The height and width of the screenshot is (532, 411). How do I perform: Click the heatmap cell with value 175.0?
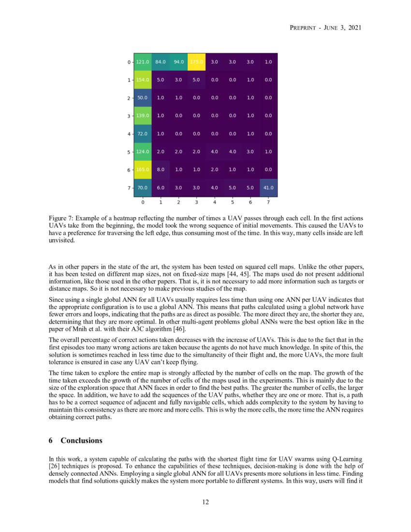tap(196, 62)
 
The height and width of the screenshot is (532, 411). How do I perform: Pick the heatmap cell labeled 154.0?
tap(143, 80)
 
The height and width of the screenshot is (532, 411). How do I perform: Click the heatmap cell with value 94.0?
tap(178, 62)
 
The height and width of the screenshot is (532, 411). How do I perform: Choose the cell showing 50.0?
tap(143, 98)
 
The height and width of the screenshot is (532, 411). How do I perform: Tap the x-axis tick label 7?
tap(268, 203)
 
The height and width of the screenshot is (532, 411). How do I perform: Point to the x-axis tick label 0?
tap(143, 203)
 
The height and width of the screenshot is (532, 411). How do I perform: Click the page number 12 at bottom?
tap(205, 502)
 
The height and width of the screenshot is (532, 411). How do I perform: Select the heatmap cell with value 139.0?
tap(143, 116)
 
